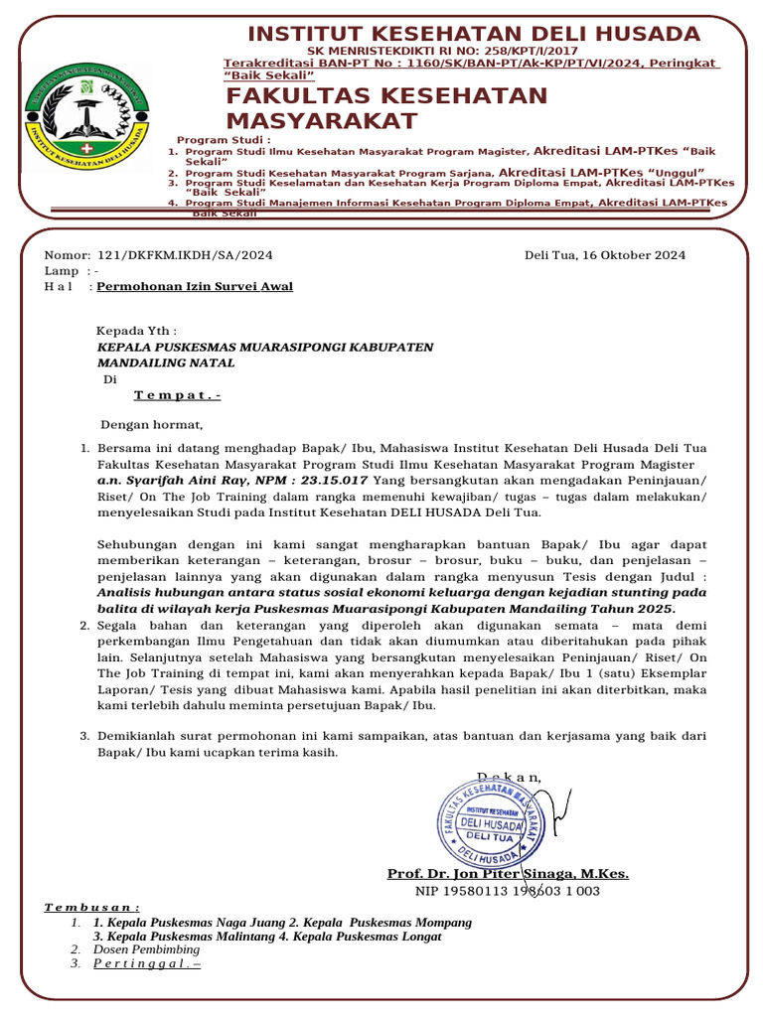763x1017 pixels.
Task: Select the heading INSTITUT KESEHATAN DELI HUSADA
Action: point(474,34)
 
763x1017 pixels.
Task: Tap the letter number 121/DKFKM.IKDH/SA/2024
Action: point(186,255)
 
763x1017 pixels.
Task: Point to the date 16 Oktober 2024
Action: point(635,255)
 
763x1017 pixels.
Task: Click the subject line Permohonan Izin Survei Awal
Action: point(195,287)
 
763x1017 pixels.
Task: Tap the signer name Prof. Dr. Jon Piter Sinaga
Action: point(507,874)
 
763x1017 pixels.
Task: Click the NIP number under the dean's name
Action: point(507,891)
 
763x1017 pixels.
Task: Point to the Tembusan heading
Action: point(92,908)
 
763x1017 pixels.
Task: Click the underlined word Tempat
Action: point(177,395)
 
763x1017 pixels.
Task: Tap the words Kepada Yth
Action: point(136,331)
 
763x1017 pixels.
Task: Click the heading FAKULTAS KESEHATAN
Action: point(386,96)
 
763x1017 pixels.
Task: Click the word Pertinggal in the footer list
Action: point(146,964)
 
